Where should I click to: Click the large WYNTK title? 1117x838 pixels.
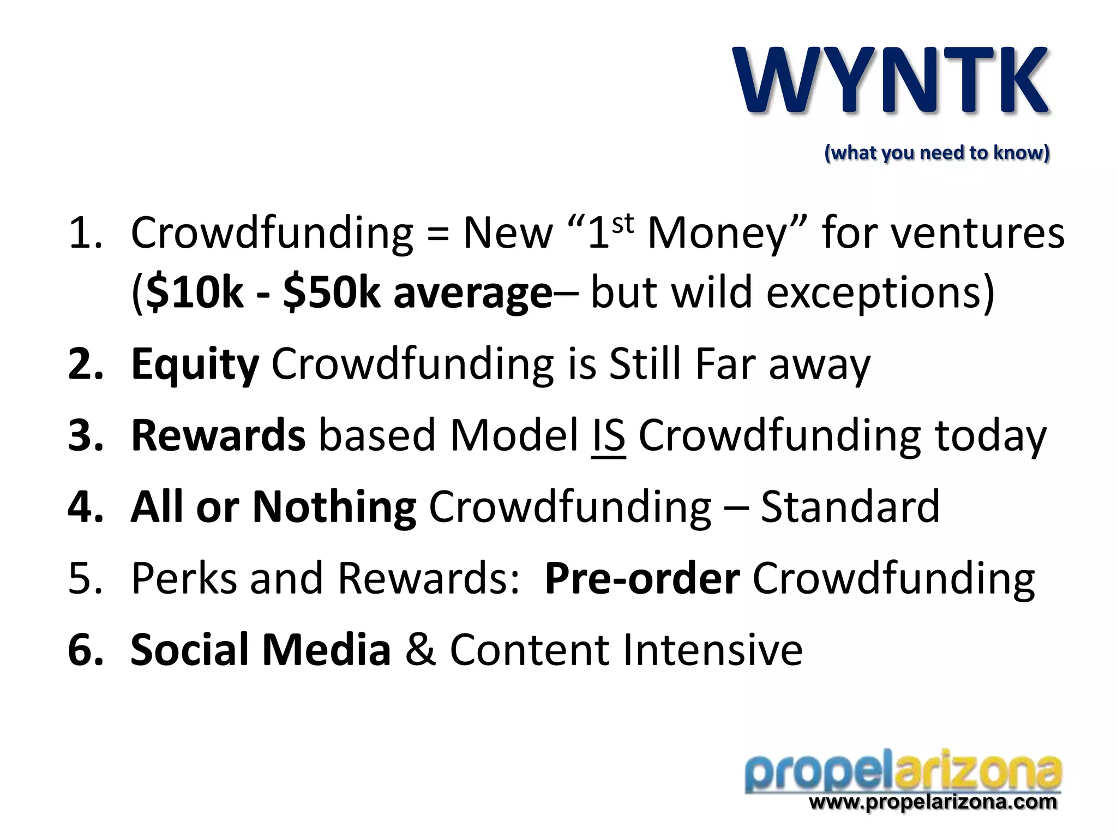pyautogui.click(x=892, y=81)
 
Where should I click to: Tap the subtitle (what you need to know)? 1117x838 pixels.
pyautogui.click(x=936, y=153)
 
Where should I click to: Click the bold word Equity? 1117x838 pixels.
pyautogui.click(x=195, y=364)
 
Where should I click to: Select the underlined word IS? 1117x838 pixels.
pyautogui.click(x=608, y=436)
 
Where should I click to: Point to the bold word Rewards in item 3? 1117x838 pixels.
pyautogui.click(x=218, y=435)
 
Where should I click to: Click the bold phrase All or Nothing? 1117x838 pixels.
pyautogui.click(x=273, y=507)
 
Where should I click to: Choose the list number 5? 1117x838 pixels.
pyautogui.click(x=85, y=578)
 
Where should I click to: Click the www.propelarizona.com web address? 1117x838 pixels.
pyautogui.click(x=933, y=802)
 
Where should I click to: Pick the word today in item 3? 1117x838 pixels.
pyautogui.click(x=990, y=436)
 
